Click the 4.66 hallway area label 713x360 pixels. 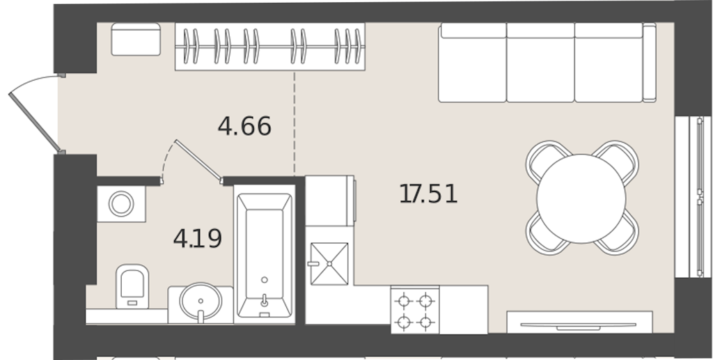244,126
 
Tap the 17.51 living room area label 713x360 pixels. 428,194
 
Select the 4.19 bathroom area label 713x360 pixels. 197,238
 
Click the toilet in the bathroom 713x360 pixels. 132,286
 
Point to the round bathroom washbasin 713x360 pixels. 201,302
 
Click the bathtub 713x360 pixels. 264,255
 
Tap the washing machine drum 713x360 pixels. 121,203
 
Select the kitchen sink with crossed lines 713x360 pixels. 329,264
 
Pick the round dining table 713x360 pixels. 581,198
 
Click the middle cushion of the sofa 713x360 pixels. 540,63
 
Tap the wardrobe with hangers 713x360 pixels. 270,47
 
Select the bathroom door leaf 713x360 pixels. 198,160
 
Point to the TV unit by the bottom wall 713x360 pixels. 579,322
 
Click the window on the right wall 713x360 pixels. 694,197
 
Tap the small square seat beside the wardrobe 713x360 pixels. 136,39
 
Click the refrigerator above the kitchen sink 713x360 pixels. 329,201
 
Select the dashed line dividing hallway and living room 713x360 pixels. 295,123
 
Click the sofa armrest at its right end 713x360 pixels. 650,63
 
